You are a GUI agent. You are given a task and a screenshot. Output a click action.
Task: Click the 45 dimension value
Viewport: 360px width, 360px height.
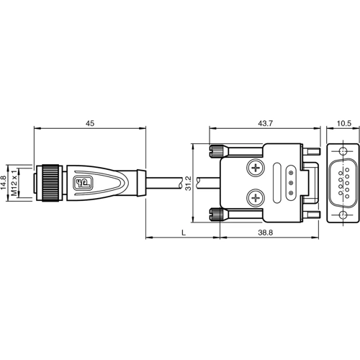(90, 124)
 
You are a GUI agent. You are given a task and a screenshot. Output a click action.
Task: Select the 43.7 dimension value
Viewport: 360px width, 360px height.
(266, 124)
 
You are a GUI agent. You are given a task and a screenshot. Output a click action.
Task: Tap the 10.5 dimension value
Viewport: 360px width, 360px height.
(344, 124)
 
